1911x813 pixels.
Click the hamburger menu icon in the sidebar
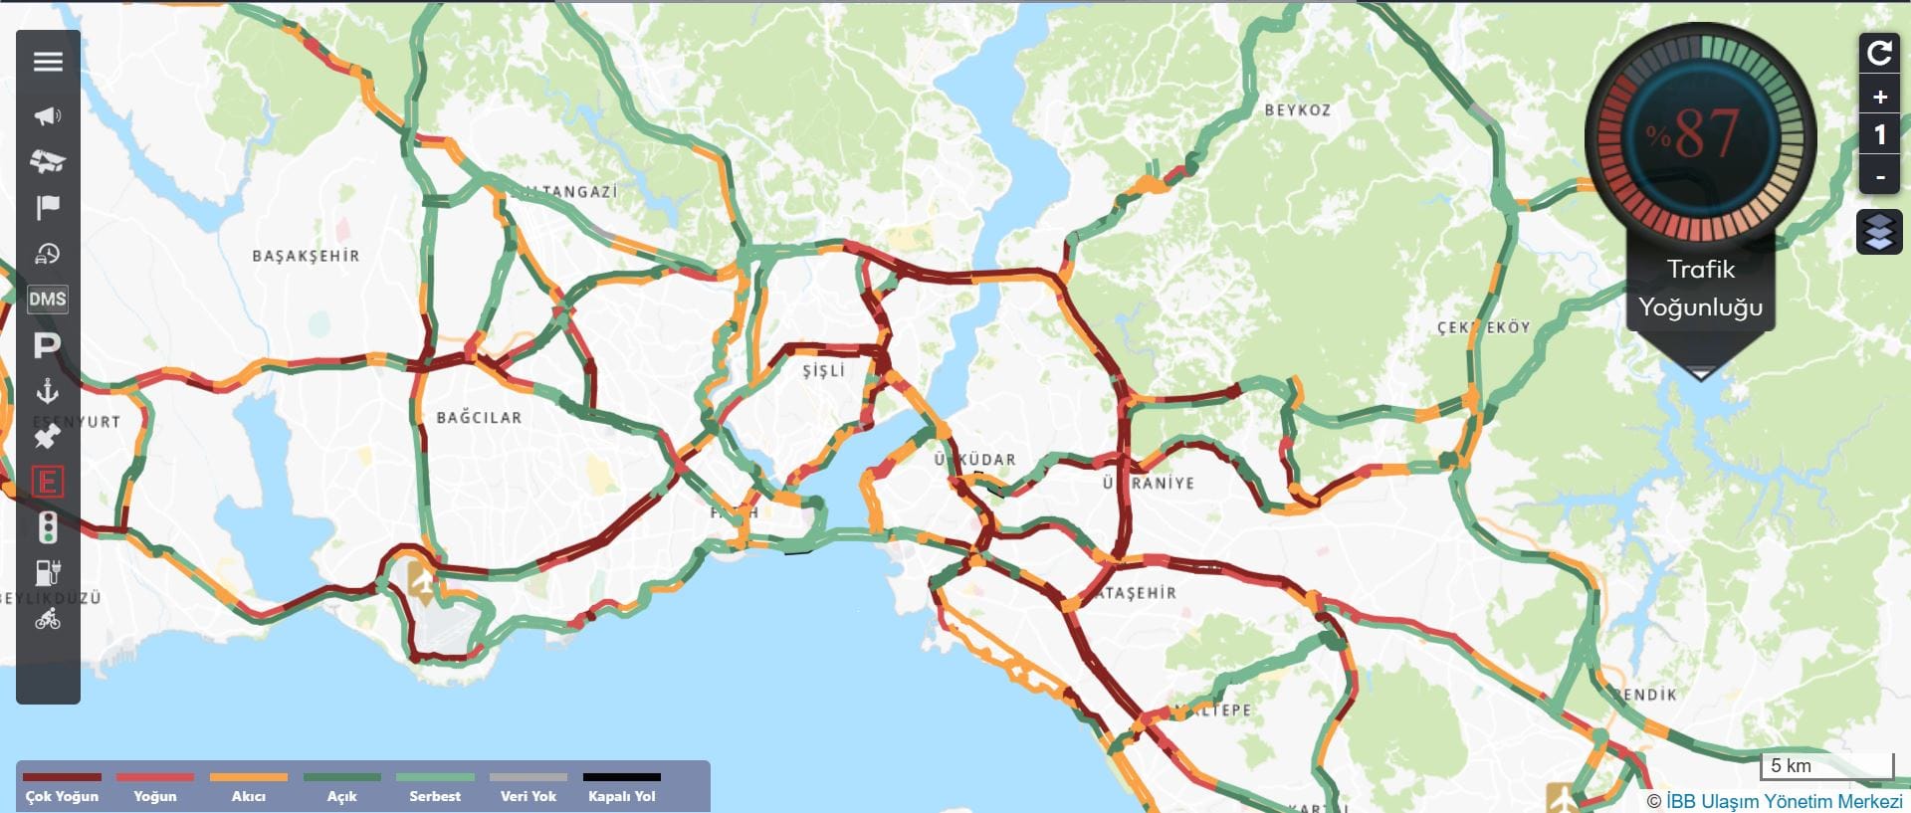48,62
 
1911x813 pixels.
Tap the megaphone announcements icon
48,116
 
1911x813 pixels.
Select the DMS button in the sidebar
48,299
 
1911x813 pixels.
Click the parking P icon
48,346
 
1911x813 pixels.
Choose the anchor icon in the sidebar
48,391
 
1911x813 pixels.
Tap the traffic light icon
48,527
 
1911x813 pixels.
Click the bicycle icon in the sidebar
48,620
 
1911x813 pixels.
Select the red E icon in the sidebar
48,483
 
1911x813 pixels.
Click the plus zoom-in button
1879,98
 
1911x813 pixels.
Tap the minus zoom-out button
1879,177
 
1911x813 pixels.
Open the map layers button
1879,232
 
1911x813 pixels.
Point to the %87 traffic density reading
1700,134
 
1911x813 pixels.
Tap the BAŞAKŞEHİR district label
306,256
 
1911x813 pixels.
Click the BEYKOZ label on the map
1297,110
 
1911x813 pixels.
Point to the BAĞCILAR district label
479,418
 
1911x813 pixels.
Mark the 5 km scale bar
1827,766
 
